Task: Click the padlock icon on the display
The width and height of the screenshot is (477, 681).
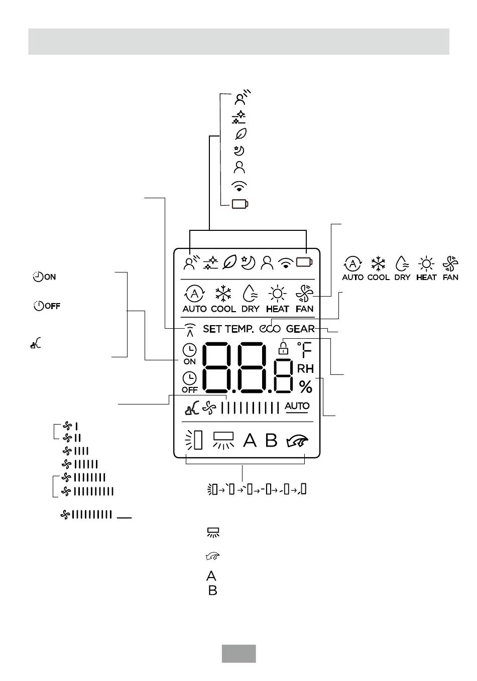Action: [x=283, y=348]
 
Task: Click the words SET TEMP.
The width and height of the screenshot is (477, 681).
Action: [x=228, y=329]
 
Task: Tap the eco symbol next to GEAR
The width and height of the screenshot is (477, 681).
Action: [x=270, y=329]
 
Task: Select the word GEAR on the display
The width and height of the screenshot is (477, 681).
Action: [x=300, y=329]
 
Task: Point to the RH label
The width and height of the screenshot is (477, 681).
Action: [x=305, y=369]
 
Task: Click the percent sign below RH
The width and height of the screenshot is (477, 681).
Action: [x=305, y=387]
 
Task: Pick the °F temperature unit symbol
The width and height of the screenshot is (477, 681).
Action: [x=304, y=350]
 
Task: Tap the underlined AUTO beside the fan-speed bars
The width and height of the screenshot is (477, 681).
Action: [x=297, y=406]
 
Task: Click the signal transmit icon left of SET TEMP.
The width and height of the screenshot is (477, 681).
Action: [x=190, y=330]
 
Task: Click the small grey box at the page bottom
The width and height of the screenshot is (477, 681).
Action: [x=239, y=653]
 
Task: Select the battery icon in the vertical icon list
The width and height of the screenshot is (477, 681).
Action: [x=240, y=204]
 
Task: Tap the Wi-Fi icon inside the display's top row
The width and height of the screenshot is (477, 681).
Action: [x=285, y=263]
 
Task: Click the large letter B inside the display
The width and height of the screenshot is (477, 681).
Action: [x=271, y=440]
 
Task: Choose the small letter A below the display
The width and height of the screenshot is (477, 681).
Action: [x=211, y=576]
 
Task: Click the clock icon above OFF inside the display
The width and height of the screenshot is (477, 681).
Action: [x=189, y=378]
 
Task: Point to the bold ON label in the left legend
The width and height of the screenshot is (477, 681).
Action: [x=50, y=277]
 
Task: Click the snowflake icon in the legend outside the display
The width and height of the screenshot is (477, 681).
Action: [x=378, y=263]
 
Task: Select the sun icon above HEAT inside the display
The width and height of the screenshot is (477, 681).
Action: [x=277, y=294]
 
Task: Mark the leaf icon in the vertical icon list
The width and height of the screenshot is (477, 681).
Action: [x=241, y=133]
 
